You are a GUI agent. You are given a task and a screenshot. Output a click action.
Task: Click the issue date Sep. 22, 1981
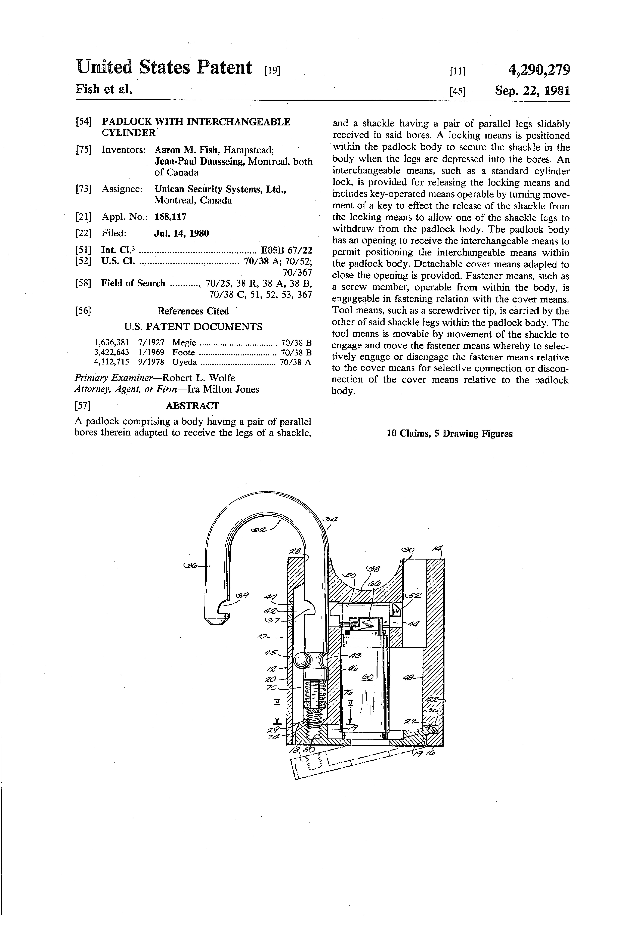coord(532,91)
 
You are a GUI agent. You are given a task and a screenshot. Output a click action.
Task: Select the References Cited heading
coord(193,311)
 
